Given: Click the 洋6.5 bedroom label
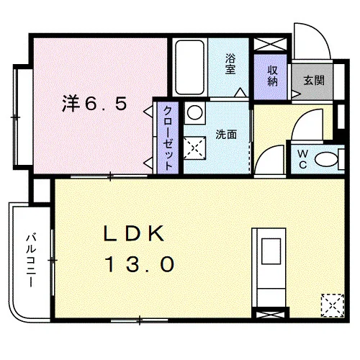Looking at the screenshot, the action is click(x=94, y=104).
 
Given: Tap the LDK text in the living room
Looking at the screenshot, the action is click(x=134, y=233).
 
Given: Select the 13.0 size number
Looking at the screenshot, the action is click(x=140, y=264).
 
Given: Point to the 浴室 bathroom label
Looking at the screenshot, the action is click(x=230, y=63).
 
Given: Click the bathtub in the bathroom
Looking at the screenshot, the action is click(x=189, y=67).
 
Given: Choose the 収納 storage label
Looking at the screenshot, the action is click(x=272, y=76).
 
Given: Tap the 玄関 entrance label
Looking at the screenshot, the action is click(x=314, y=80).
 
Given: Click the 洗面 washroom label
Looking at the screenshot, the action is click(x=226, y=135).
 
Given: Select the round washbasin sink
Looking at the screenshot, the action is click(x=194, y=112).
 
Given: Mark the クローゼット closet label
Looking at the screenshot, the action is click(x=168, y=138).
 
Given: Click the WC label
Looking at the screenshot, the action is click(x=303, y=159).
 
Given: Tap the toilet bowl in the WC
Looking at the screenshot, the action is click(x=326, y=159).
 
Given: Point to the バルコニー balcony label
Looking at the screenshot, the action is click(x=31, y=261).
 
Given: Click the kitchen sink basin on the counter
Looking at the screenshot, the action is click(x=271, y=251).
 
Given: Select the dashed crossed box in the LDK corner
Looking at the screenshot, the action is click(x=333, y=305).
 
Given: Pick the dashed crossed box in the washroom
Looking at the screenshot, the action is click(x=194, y=148).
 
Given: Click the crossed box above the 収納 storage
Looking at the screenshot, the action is click(x=271, y=44).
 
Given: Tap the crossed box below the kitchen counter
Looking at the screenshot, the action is click(x=271, y=315).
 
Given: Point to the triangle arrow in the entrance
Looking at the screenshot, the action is click(x=296, y=94).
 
